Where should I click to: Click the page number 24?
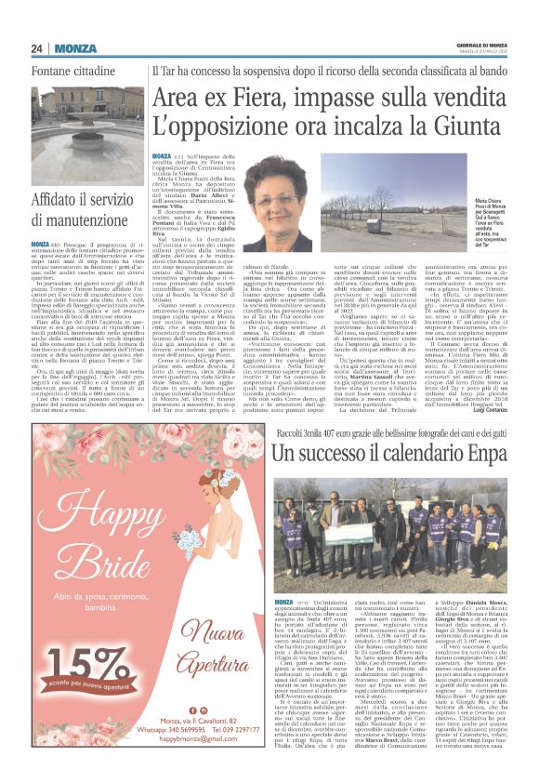[38, 48]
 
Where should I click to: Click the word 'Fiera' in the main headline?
[239, 95]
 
